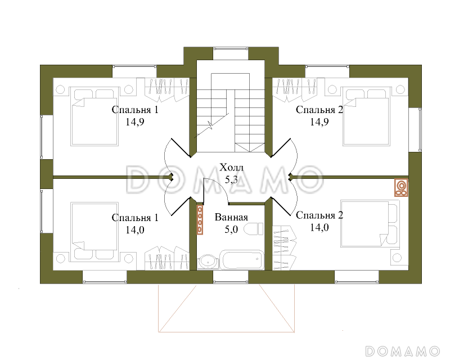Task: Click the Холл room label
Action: click(231, 167)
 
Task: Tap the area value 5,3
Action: click(231, 179)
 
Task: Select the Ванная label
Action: click(231, 217)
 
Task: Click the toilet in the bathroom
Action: click(254, 229)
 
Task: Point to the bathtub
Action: click(242, 260)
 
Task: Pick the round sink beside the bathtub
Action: click(207, 262)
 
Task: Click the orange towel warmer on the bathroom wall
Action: click(200, 219)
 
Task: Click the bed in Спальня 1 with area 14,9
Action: click(94, 116)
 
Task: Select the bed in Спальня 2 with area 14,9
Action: click(366, 116)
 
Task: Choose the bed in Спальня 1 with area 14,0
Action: click(94, 232)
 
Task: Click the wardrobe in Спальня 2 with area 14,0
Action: click(284, 248)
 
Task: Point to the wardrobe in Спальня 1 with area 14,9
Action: click(166, 89)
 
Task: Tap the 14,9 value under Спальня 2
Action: click(319, 122)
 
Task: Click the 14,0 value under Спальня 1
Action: click(135, 230)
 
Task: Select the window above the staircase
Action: click(231, 53)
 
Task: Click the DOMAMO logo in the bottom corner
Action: click(403, 351)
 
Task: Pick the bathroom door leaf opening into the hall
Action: click(204, 191)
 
